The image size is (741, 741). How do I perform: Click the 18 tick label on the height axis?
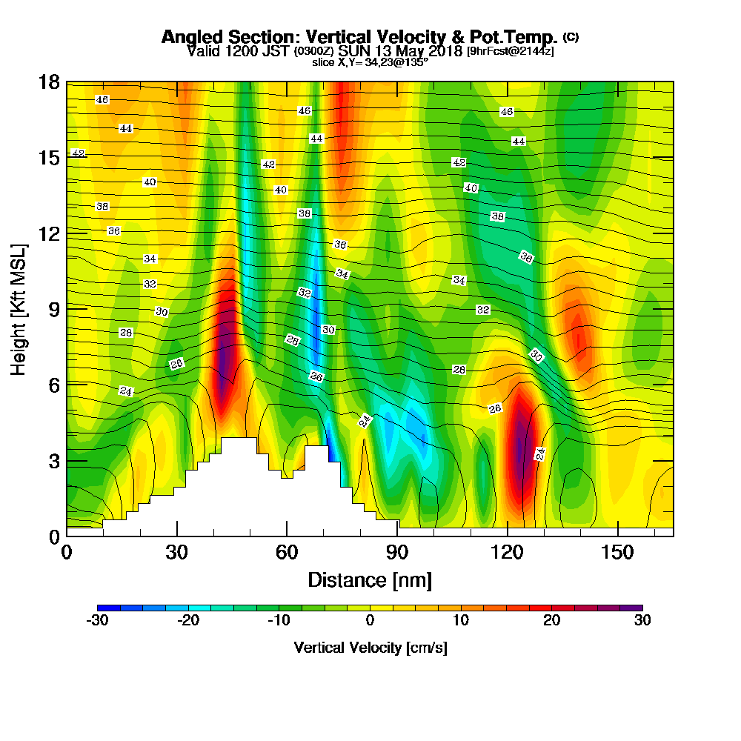pyautogui.click(x=48, y=82)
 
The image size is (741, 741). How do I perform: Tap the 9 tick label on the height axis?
pyautogui.click(x=53, y=309)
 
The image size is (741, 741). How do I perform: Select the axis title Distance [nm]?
pyautogui.click(x=370, y=579)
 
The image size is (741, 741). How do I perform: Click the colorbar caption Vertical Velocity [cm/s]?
pyautogui.click(x=370, y=648)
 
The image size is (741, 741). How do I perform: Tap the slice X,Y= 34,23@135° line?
pyautogui.click(x=370, y=62)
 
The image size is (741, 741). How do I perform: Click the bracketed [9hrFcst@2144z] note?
pyautogui.click(x=510, y=51)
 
